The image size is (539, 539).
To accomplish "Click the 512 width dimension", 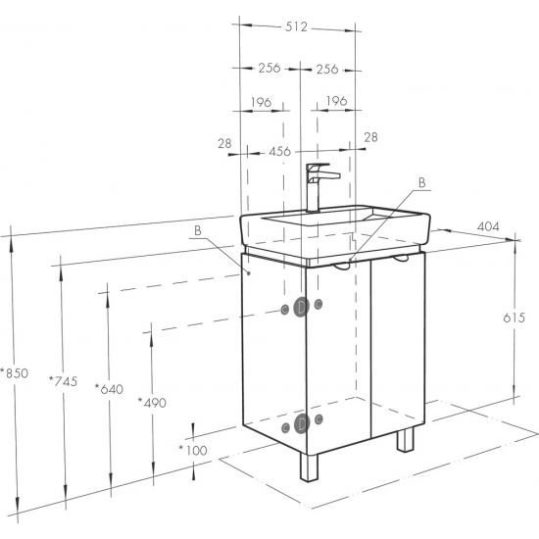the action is pos(296,26).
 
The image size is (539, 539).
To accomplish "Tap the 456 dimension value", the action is pos(280,151).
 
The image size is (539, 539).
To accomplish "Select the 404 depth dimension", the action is pos(488,226).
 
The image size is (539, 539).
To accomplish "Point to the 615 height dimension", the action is pos(514,318).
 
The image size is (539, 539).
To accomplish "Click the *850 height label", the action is pos(14,373).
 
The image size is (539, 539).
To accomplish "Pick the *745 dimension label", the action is pos(64,381).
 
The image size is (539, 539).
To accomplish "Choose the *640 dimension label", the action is pos(109,389).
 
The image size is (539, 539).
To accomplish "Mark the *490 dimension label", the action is pos(152,403).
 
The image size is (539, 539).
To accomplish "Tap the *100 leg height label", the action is pos(193,450).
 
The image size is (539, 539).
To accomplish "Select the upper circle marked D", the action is pos(302,307).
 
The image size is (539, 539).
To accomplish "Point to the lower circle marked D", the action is pos(302,423).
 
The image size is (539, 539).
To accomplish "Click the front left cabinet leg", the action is pos(309,467).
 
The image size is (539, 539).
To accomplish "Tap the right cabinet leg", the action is pos(405,440).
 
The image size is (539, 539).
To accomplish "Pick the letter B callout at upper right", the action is pos(421,183).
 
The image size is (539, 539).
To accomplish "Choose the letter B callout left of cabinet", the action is pos(198,230).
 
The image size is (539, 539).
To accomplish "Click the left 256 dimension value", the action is pos(269,68).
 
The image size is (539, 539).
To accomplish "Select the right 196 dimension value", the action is pos(337,101).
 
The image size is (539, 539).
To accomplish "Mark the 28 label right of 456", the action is pos(370,137).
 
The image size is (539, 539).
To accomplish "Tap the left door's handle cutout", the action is pos(342,266).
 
